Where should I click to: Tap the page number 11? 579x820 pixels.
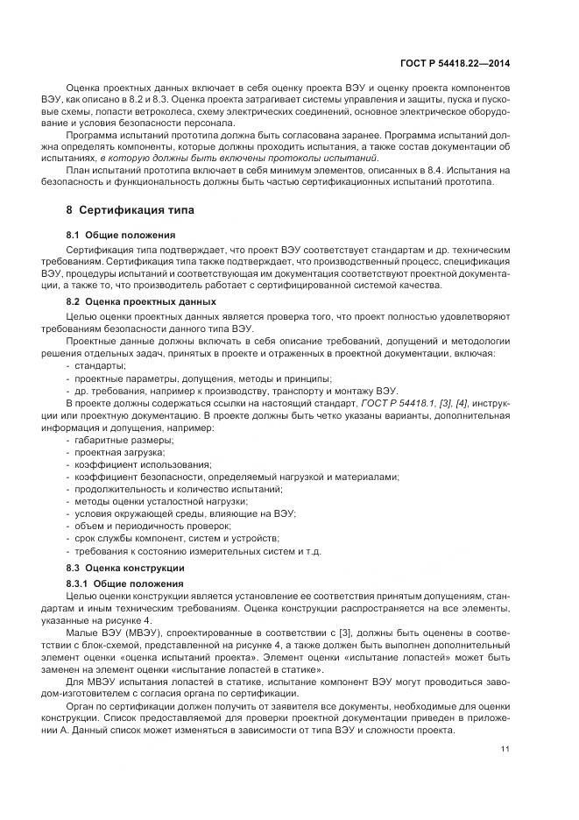pyautogui.click(x=506, y=747)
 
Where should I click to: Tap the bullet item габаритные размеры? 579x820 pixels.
pyautogui.click(x=113, y=439)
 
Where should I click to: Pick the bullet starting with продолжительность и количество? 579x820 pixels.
pyautogui.click(x=178, y=488)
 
